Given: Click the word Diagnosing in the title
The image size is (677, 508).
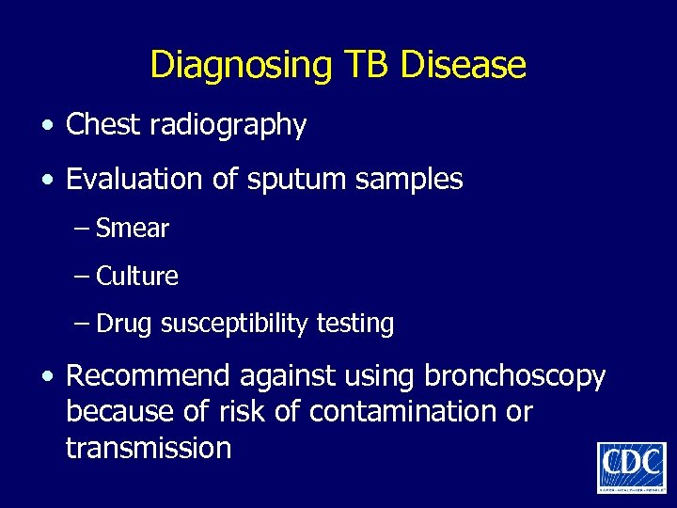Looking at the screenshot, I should pyautogui.click(x=241, y=65).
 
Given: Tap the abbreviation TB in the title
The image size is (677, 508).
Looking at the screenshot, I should pyautogui.click(x=367, y=65).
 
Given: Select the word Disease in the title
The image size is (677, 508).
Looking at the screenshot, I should pyautogui.click(x=463, y=65).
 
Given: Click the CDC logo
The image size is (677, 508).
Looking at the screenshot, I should pyautogui.click(x=631, y=467).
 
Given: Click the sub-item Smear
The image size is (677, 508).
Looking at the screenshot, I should pyautogui.click(x=133, y=228).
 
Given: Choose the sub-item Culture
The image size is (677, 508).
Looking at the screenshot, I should pyautogui.click(x=137, y=276).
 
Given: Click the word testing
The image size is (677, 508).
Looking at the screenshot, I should pyautogui.click(x=354, y=324).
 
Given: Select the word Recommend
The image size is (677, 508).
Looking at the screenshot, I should pyautogui.click(x=149, y=375).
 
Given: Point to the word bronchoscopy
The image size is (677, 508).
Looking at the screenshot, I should pyautogui.click(x=515, y=376).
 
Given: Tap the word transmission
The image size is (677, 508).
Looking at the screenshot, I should pyautogui.click(x=149, y=447).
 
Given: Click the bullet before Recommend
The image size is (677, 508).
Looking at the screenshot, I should pyautogui.click(x=46, y=377).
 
